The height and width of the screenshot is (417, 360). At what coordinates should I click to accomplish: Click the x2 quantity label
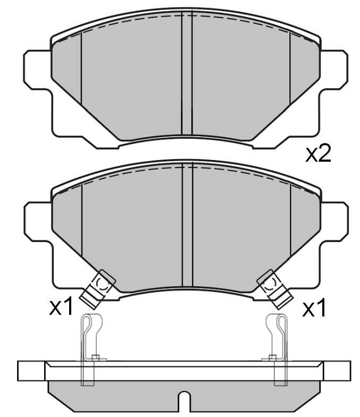pyautogui.click(x=319, y=154)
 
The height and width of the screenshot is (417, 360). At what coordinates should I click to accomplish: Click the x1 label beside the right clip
pyautogui.click(x=314, y=308)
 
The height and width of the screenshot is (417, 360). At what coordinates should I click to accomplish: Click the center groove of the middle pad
pyautogui.click(x=187, y=226)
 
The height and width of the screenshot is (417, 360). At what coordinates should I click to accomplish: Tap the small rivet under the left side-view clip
pyautogui.click(x=96, y=357)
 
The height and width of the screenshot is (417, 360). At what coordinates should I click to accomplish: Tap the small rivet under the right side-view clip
pyautogui.click(x=272, y=357)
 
